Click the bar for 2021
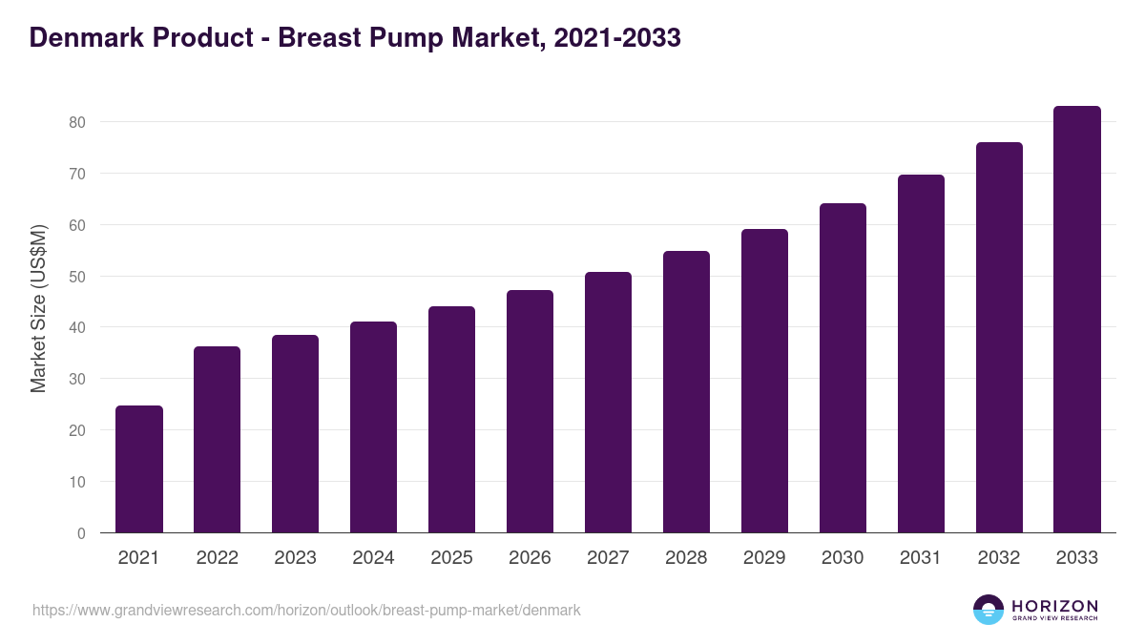click(x=139, y=469)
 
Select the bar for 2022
click(x=218, y=440)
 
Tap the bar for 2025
click(x=452, y=420)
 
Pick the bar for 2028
click(x=687, y=392)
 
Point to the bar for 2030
click(x=843, y=368)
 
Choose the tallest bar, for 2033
click(x=1077, y=320)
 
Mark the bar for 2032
click(x=999, y=338)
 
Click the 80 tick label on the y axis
click(x=77, y=122)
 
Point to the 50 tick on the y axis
click(x=77, y=277)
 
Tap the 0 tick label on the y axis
click(x=82, y=533)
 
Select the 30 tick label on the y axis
click(x=77, y=379)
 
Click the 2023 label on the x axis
click(x=296, y=558)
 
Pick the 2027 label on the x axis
click(x=609, y=558)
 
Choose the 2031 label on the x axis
click(x=921, y=558)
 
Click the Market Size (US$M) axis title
click(x=39, y=309)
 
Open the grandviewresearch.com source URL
click(x=306, y=610)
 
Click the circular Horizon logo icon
click(x=989, y=610)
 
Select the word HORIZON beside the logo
click(x=1054, y=605)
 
